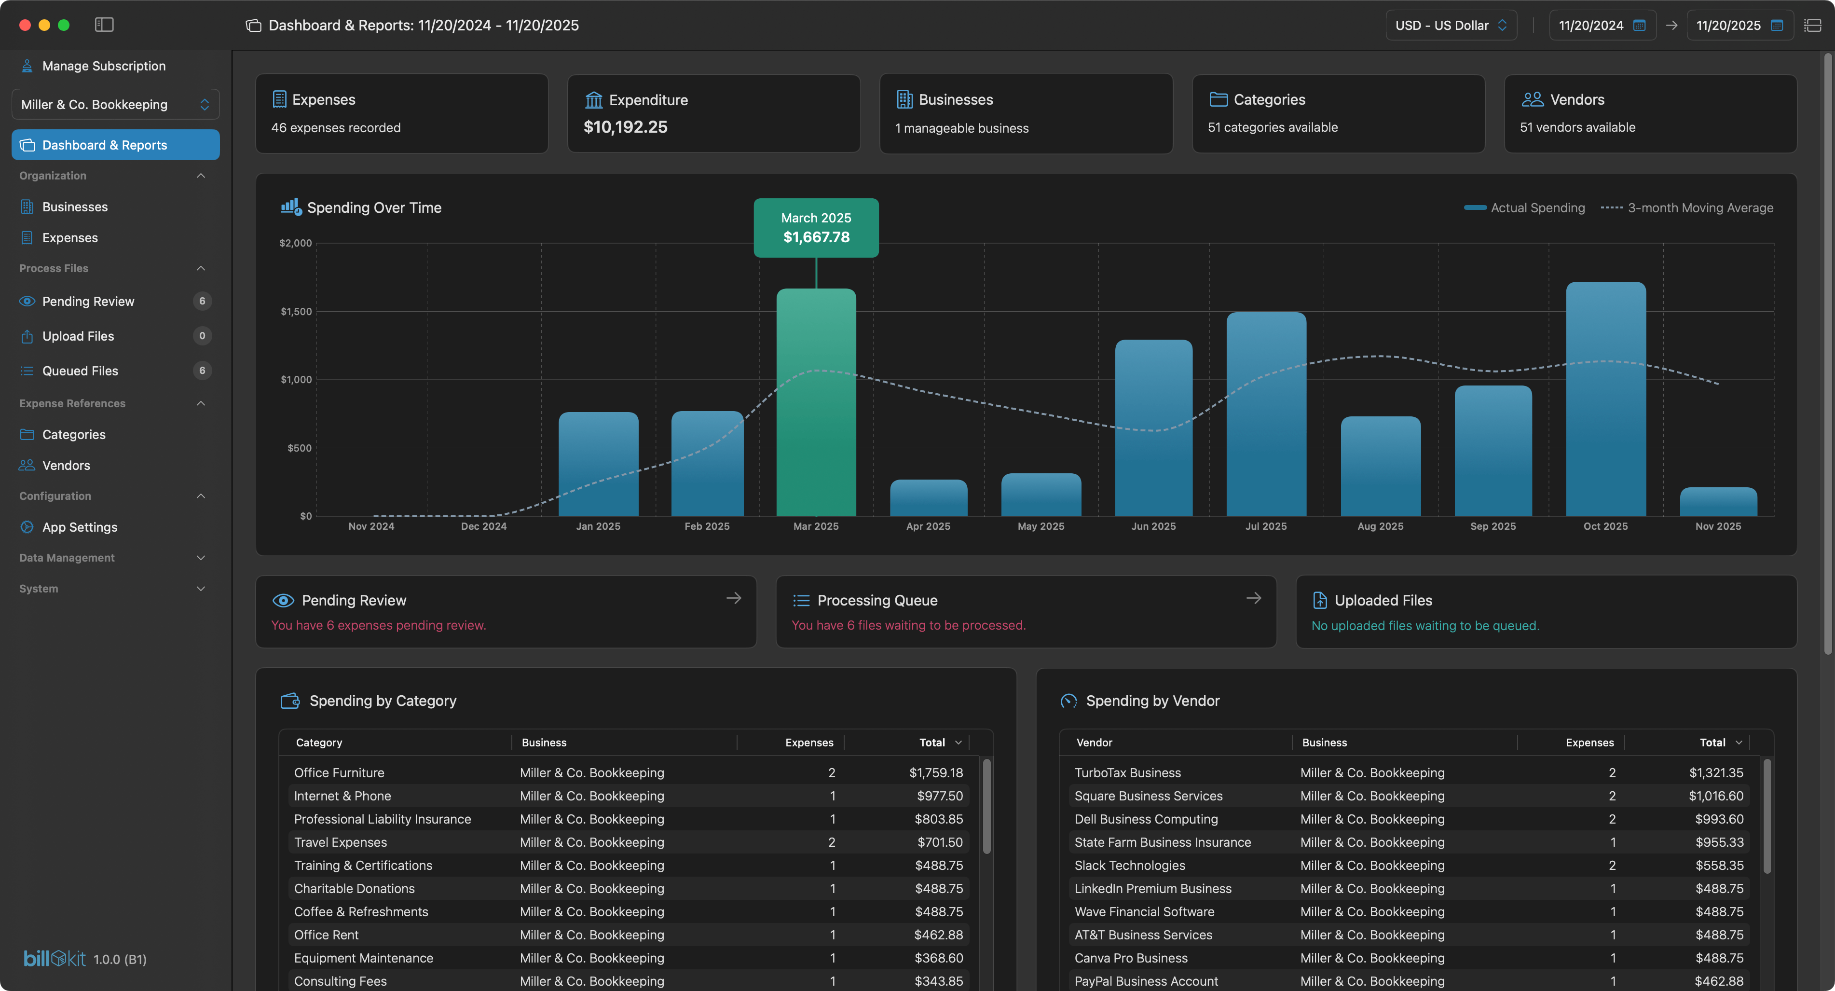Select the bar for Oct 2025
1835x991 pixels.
pos(1605,399)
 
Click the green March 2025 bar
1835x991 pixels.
pos(816,402)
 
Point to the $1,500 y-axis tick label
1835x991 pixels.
pos(296,311)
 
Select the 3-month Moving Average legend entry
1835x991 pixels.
pos(1699,208)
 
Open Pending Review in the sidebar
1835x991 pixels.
pos(88,302)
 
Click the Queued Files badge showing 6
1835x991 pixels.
pos(202,371)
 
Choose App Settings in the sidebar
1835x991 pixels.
pos(79,527)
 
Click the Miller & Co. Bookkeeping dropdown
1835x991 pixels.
pos(115,105)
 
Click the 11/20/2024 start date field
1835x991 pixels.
pos(1590,26)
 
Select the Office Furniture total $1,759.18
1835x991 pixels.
pos(935,772)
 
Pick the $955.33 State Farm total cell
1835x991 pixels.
pos(1719,842)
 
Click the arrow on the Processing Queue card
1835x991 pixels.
pos(1253,598)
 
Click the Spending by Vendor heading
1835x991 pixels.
pos(1152,701)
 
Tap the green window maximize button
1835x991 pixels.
pos(63,25)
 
